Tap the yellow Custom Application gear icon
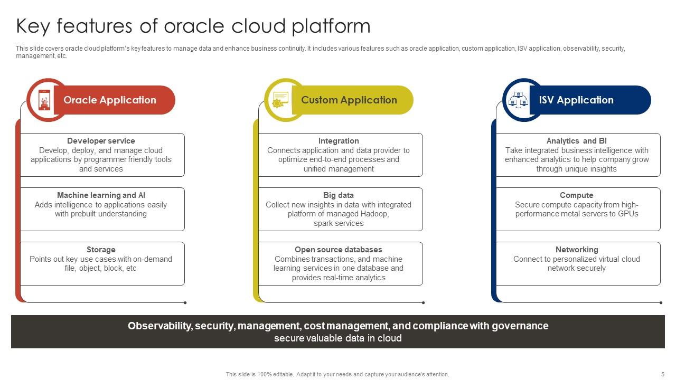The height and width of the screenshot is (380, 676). [280, 99]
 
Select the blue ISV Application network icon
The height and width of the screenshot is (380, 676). [518, 100]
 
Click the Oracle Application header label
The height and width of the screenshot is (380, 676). [110, 100]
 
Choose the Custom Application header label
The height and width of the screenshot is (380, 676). [349, 100]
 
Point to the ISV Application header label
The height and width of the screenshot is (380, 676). [576, 100]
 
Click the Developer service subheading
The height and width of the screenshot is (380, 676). [101, 141]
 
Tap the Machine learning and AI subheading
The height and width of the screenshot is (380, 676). [101, 195]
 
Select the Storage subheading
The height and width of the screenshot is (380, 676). [101, 250]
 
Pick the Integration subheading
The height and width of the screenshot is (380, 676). [339, 141]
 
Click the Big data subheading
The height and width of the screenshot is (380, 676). [339, 195]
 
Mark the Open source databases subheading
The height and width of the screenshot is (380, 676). [339, 250]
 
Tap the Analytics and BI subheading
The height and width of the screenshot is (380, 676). [576, 141]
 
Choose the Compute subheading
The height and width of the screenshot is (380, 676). [576, 195]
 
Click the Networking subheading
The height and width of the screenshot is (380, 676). [576, 250]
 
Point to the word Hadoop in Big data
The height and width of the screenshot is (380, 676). [374, 214]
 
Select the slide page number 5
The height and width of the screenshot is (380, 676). [663, 374]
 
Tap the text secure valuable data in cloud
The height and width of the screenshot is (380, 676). [338, 338]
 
